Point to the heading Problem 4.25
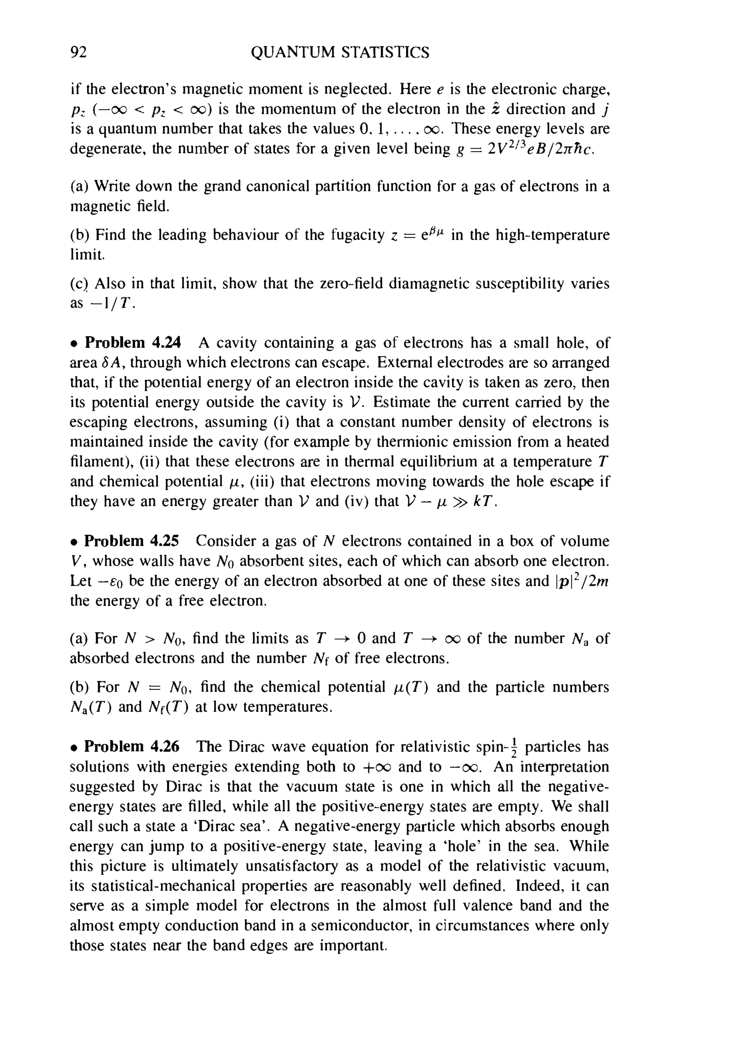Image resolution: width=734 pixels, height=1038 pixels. point(132,541)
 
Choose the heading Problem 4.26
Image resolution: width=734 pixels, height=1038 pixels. point(132,746)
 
